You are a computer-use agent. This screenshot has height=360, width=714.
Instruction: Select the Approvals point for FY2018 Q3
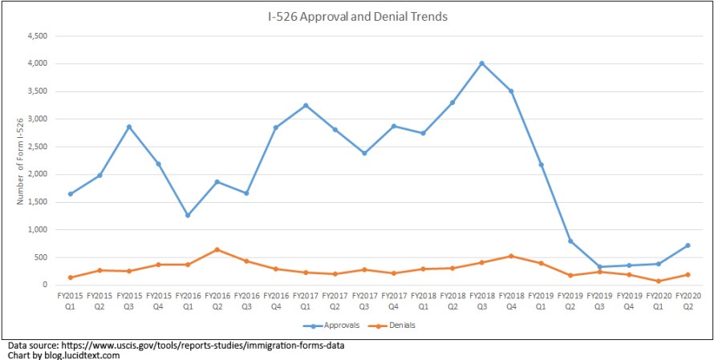click(x=481, y=63)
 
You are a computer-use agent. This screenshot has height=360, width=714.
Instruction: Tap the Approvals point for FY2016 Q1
click(x=188, y=215)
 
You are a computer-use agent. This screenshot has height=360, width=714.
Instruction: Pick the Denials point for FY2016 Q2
click(x=217, y=249)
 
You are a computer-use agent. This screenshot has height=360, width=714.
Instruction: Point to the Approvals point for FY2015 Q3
click(x=129, y=127)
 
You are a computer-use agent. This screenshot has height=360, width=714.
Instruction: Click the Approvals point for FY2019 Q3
click(x=599, y=267)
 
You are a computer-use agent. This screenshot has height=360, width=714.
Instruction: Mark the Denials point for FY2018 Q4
click(x=511, y=257)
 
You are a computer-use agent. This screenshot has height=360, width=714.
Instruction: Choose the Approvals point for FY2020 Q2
click(x=688, y=245)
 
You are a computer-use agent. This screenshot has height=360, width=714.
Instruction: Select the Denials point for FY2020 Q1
click(x=658, y=281)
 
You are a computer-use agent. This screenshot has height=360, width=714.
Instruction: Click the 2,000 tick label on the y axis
click(x=38, y=174)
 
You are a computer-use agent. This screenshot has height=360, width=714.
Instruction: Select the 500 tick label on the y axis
click(x=43, y=257)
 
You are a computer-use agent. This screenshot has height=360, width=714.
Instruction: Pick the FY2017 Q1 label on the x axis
click(x=306, y=301)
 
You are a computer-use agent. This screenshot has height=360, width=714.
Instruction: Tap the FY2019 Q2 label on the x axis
click(x=570, y=301)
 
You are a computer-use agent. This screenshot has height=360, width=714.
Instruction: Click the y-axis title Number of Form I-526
click(x=21, y=160)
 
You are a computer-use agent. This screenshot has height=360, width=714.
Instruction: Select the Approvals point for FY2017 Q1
click(x=306, y=105)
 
